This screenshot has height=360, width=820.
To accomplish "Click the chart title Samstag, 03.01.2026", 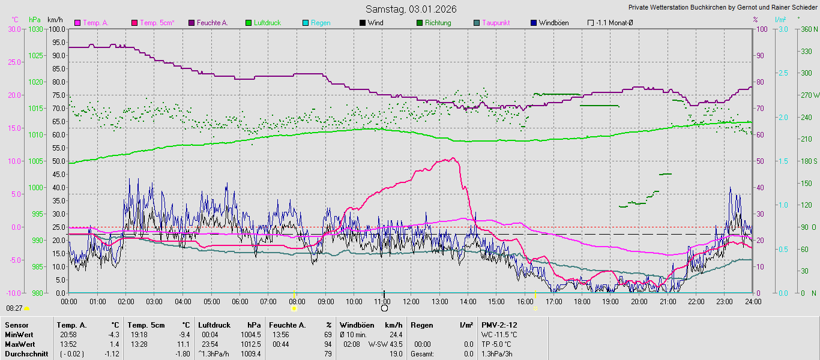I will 411,9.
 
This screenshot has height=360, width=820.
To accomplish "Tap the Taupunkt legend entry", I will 496,23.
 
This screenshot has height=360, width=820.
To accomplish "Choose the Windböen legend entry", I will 553,23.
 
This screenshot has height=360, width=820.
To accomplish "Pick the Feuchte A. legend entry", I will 213,23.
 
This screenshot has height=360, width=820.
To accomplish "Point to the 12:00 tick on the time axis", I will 411,301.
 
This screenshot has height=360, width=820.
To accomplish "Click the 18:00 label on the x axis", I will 582,301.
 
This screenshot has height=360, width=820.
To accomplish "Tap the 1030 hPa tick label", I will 35,29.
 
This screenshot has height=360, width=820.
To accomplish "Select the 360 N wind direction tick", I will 807,29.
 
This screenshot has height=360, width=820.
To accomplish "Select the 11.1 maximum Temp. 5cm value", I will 184,344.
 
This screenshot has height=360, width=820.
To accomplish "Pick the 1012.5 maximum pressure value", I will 250,344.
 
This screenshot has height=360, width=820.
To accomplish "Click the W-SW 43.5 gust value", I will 385,344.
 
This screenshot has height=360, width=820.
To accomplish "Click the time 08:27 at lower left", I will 14,308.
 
